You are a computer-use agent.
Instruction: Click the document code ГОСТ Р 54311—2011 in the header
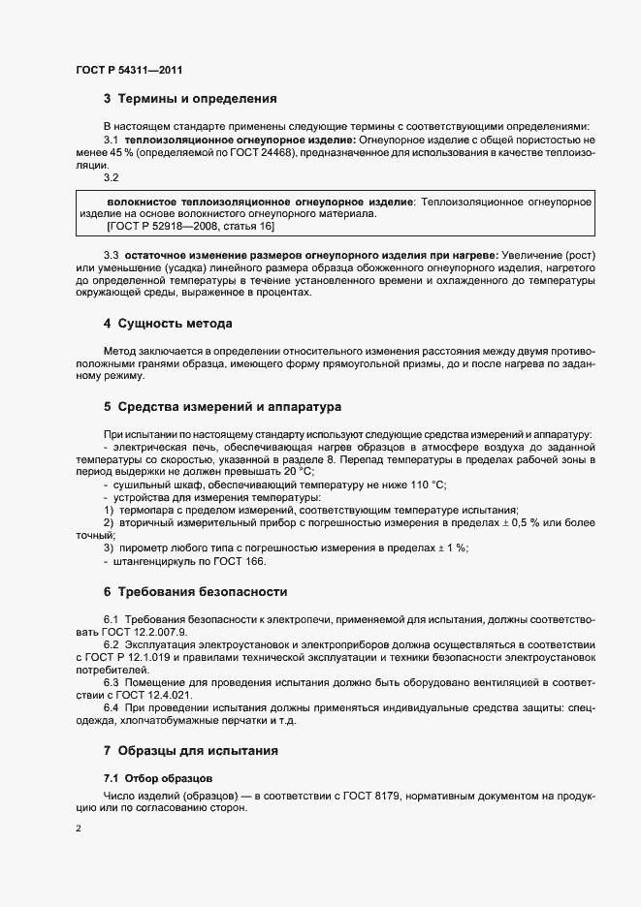coord(128,70)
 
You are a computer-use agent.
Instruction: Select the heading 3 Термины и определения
coord(190,98)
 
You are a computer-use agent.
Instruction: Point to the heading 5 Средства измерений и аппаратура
coord(222,406)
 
